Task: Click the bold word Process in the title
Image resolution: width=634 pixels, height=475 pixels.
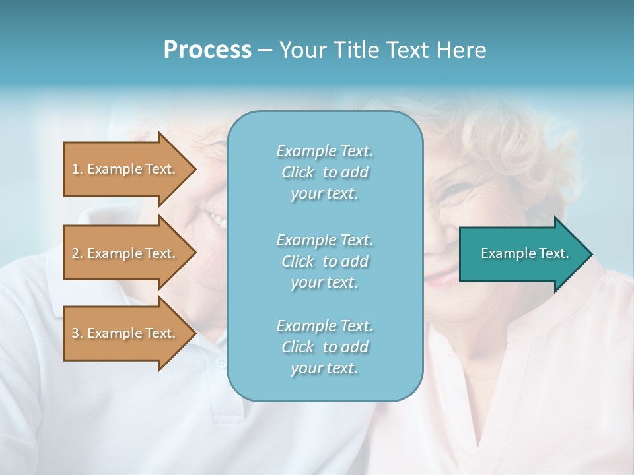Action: pos(207,50)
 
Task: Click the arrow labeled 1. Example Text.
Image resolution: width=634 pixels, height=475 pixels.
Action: pos(125,169)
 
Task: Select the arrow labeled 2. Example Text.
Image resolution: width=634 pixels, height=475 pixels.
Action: pos(125,253)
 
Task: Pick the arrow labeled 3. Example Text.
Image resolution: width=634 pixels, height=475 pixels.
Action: pos(125,333)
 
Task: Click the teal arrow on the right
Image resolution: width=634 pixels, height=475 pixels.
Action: pos(522,253)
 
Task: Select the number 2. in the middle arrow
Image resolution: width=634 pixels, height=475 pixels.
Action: pos(77,253)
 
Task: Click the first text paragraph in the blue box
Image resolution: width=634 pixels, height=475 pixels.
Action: pos(324,172)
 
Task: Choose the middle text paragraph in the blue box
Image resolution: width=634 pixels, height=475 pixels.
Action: pos(324,261)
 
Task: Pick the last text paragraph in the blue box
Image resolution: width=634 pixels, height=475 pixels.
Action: pos(324,347)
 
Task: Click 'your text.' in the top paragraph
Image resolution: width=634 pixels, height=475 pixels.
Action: pos(324,194)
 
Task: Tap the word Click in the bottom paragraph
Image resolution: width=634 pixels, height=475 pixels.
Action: pos(298,347)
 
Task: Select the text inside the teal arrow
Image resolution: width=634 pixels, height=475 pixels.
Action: pos(524,253)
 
